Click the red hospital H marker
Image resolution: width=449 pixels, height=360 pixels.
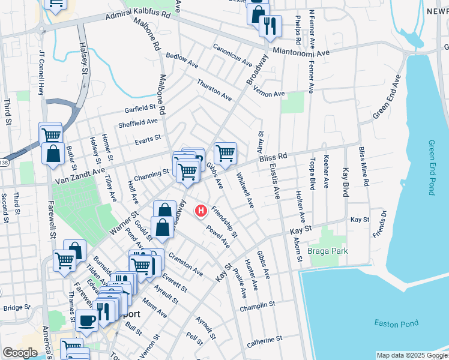(x=202, y=211)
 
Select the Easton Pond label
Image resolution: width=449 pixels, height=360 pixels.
(x=396, y=323)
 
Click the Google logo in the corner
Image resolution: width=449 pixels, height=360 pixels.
(x=20, y=353)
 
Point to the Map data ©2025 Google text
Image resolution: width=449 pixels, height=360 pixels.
(x=411, y=355)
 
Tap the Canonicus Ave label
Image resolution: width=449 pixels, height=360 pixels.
(x=232, y=53)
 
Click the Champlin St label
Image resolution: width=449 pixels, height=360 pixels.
(x=256, y=304)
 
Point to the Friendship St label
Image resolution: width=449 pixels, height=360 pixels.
(x=224, y=220)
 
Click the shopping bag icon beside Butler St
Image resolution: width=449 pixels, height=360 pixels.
(x=53, y=152)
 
